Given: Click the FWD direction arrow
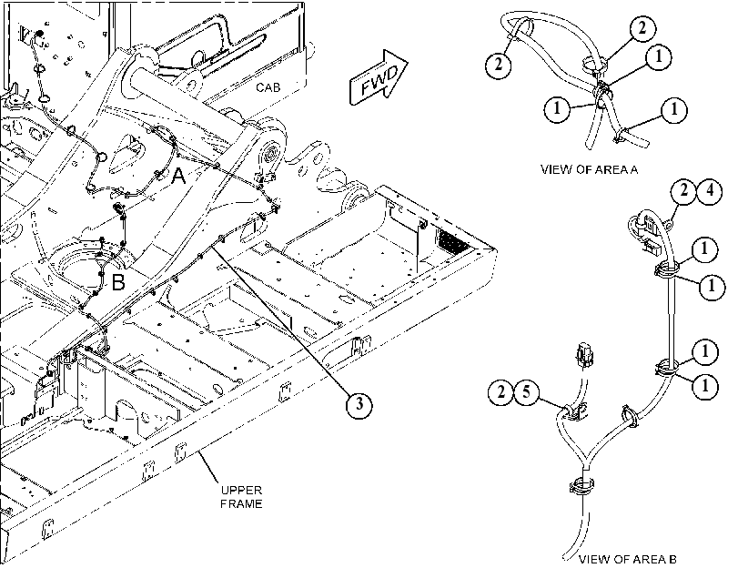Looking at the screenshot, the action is pyautogui.click(x=378, y=77).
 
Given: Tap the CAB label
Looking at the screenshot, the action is pyautogui.click(x=268, y=87).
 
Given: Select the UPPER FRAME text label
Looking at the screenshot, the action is pyautogui.click(x=241, y=497).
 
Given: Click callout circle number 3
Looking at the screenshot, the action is pyautogui.click(x=359, y=404).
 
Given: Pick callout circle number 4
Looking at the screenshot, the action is pyautogui.click(x=709, y=191).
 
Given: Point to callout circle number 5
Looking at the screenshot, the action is pyautogui.click(x=527, y=391).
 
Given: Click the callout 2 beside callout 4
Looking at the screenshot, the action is pyautogui.click(x=683, y=191).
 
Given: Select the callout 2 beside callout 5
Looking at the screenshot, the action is pyautogui.click(x=500, y=391).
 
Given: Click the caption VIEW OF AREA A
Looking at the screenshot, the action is pyautogui.click(x=590, y=169).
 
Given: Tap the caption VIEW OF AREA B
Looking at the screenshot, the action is pyautogui.click(x=627, y=560).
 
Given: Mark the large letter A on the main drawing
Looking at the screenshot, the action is pyautogui.click(x=178, y=177).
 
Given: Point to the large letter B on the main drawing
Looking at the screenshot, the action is pyautogui.click(x=118, y=282).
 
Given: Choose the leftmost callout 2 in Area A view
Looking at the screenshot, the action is pyautogui.click(x=499, y=64).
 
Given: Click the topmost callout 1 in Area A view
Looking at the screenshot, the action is pyautogui.click(x=658, y=56).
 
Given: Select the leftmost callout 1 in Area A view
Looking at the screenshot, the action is pyautogui.click(x=557, y=109).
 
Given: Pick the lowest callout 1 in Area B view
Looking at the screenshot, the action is pyautogui.click(x=704, y=386).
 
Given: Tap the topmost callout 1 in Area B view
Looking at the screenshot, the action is pyautogui.click(x=704, y=248).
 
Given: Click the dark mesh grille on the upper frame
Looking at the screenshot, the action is pyautogui.click(x=453, y=241).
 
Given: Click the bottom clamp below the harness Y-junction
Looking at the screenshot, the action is pyautogui.click(x=582, y=486).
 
